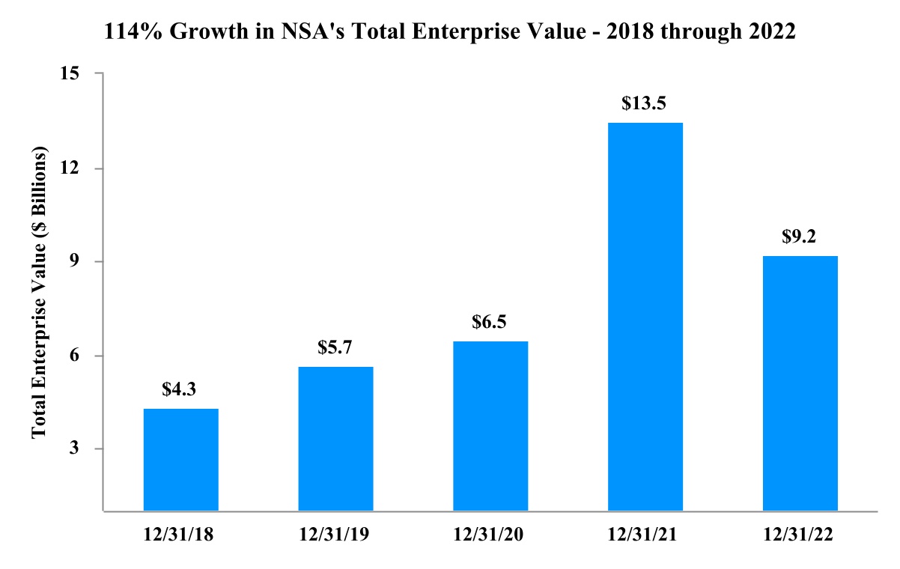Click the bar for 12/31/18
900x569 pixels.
[x=180, y=460]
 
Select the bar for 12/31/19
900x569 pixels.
[x=335, y=439]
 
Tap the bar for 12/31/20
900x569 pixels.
[x=490, y=426]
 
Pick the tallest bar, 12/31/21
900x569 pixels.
[x=645, y=317]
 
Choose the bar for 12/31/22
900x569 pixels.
[x=800, y=383]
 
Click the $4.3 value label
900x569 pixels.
[x=180, y=389]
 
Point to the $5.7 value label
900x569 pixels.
[x=335, y=347]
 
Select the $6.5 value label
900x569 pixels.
[x=490, y=322]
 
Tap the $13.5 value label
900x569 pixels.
[x=645, y=103]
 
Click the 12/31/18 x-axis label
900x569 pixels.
[x=180, y=535]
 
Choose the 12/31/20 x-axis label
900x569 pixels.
[x=490, y=535]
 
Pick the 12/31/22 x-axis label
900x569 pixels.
[x=800, y=535]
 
